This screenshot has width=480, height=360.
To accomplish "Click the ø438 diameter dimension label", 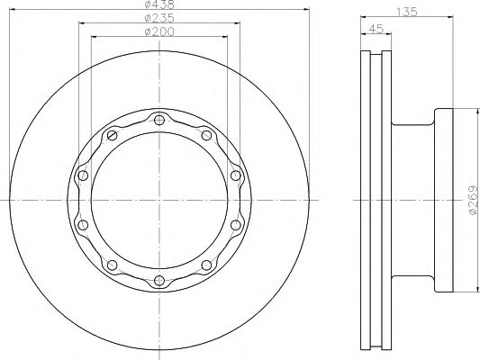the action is tap(159, 4).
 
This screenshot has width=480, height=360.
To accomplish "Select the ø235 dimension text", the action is tap(159, 18).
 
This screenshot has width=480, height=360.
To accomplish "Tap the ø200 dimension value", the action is tap(159, 31).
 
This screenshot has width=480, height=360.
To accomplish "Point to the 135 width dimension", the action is tap(406, 12).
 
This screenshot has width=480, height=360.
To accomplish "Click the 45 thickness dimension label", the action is tap(376, 29).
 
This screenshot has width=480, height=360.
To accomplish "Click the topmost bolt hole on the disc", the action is tap(159, 120).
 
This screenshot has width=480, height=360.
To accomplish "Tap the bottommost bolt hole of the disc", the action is tap(159, 281).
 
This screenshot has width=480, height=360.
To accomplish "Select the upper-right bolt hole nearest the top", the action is tap(206, 135).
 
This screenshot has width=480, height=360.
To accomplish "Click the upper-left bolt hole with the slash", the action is tap(112, 135).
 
